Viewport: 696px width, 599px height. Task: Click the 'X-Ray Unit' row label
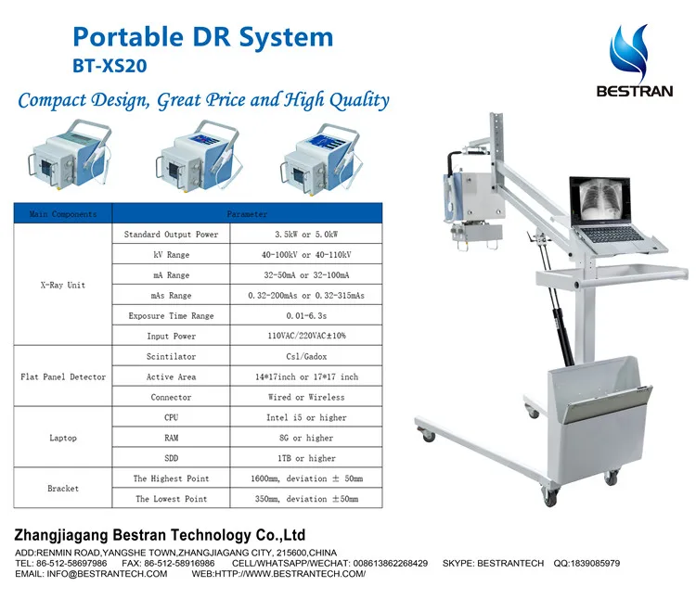tap(63, 285)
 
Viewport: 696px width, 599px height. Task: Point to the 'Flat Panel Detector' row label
tap(63, 377)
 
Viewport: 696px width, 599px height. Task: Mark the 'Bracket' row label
tap(63, 489)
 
